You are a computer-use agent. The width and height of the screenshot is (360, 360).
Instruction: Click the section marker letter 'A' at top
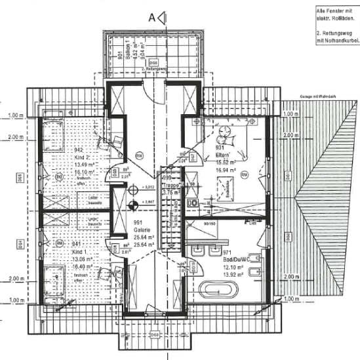click(x=152, y=17)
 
